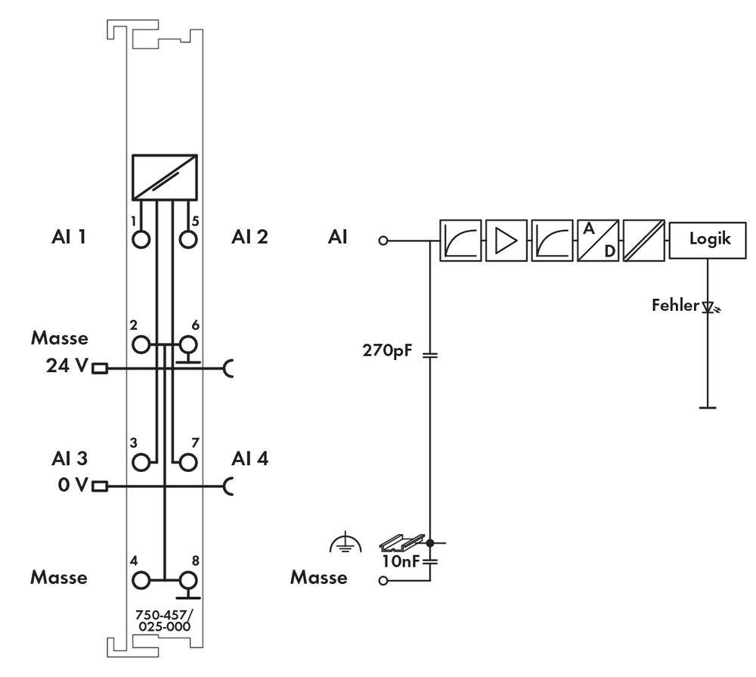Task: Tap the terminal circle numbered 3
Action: (x=141, y=461)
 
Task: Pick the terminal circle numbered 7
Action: (x=187, y=461)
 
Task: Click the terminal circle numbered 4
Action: (x=141, y=580)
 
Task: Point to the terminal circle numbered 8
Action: (x=187, y=580)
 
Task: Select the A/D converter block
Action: (x=597, y=240)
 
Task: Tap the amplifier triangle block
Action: (x=506, y=240)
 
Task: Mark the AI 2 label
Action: (x=249, y=237)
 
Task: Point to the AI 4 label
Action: (x=249, y=459)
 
